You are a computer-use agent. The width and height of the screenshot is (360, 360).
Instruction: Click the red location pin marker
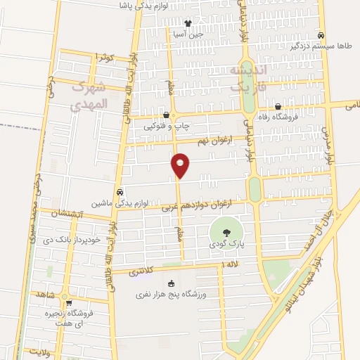point(180,165)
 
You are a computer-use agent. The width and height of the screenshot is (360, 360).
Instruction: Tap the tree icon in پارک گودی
point(226,232)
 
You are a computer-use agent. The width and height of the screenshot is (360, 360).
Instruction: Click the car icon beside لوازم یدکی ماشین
point(120,191)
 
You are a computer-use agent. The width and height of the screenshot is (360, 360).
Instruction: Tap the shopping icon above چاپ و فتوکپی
point(166,115)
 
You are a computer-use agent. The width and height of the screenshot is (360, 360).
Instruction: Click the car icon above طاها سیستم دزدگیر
point(321,34)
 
